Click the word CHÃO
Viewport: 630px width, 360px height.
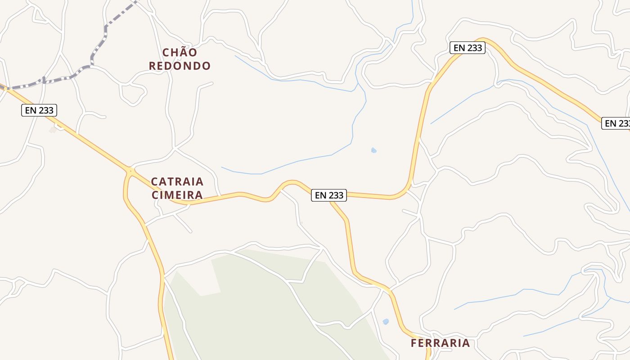click(x=180, y=53)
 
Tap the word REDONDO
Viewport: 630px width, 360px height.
click(x=180, y=66)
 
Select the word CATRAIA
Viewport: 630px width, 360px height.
click(x=177, y=182)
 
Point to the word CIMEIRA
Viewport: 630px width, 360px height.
click(x=177, y=195)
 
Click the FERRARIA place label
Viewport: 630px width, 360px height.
click(x=440, y=343)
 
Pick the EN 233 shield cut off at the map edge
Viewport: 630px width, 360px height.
click(x=616, y=123)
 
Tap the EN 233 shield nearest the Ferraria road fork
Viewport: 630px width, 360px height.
click(x=329, y=195)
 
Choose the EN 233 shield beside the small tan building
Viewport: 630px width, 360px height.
click(x=39, y=110)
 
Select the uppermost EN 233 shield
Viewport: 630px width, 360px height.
click(x=468, y=48)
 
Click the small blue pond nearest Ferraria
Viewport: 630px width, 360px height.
click(x=385, y=321)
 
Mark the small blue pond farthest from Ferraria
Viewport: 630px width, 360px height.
click(x=373, y=150)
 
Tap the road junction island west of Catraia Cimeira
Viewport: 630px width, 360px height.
click(x=130, y=171)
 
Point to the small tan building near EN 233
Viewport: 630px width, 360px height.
click(x=54, y=130)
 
